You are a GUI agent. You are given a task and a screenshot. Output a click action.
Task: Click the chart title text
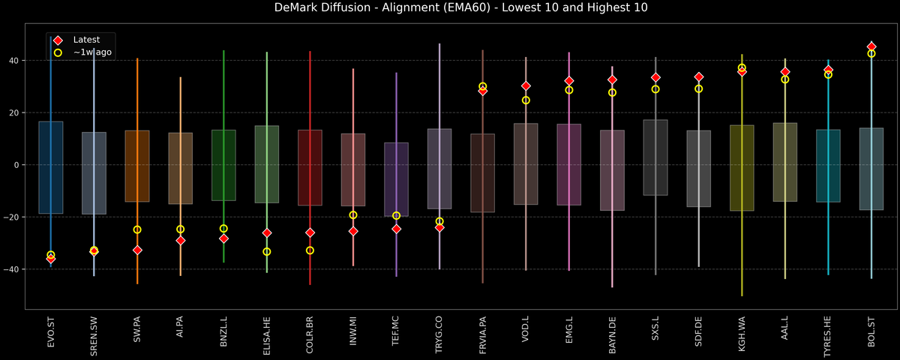coord(450,8)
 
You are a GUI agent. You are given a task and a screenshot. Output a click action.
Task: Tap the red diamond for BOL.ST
coord(871,46)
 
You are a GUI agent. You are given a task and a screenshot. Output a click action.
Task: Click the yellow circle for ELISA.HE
coord(267,251)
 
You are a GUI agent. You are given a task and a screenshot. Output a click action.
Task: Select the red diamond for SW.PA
coord(137,250)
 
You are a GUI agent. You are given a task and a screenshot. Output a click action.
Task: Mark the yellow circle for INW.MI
coord(353,215)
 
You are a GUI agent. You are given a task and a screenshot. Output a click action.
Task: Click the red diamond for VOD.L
coord(526,86)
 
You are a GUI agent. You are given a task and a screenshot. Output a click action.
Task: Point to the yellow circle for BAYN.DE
coord(612,93)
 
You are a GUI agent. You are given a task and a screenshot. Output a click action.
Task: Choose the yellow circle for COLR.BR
coord(310,250)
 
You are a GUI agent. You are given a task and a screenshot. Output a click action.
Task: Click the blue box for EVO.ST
coord(51,167)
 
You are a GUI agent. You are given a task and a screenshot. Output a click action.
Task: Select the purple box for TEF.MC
coord(397,179)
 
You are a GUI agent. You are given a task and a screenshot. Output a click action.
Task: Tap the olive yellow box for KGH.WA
coord(742,168)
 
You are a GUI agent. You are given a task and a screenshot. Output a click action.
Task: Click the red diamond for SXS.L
coord(655,77)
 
